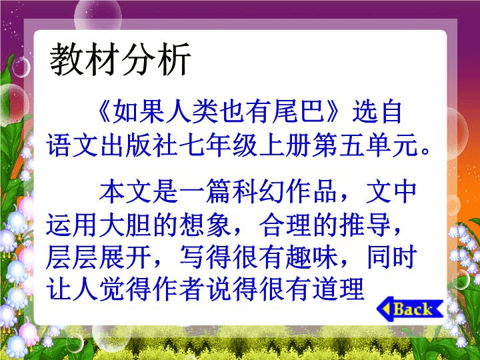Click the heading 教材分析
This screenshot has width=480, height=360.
pyautogui.click(x=120, y=59)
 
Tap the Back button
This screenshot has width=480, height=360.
pyautogui.click(x=410, y=309)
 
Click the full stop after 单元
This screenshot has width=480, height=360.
pyautogui.click(x=425, y=151)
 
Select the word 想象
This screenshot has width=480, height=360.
pyautogui.click(x=205, y=225)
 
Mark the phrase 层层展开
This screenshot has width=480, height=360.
pyautogui.click(x=99, y=257)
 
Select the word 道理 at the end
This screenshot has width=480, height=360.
pyautogui.click(x=338, y=289)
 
